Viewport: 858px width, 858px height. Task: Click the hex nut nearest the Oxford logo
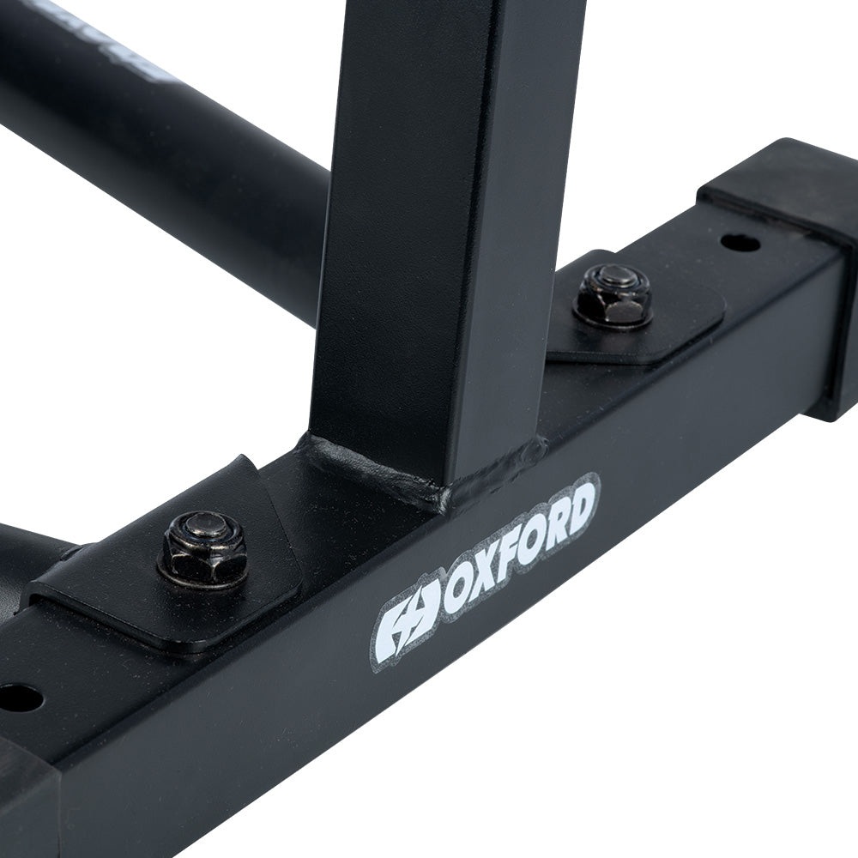pyautogui.click(x=203, y=551)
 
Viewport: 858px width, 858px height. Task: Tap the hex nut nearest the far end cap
pyautogui.click(x=613, y=296)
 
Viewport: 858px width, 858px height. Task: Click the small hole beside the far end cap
pyautogui.click(x=740, y=243)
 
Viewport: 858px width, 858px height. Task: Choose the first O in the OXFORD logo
pyautogui.click(x=458, y=592)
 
